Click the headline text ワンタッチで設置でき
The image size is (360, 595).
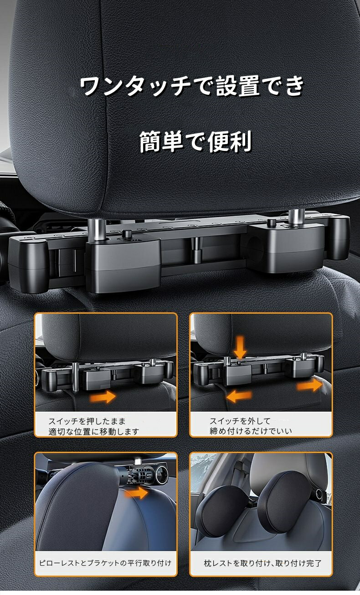(x=192, y=86)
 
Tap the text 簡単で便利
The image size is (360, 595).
(x=195, y=142)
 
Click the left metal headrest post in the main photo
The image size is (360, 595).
(x=98, y=229)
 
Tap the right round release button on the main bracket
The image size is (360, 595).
(x=272, y=222)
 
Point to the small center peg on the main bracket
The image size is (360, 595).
(x=196, y=250)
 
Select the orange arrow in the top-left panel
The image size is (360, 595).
(x=103, y=397)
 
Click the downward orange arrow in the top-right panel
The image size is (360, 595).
(x=241, y=347)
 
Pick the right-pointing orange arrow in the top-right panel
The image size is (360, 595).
(x=309, y=385)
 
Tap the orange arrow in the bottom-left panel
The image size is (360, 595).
(x=136, y=493)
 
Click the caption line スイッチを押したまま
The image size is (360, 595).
(x=87, y=421)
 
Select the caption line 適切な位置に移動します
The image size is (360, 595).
(x=94, y=432)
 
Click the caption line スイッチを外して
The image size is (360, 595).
(x=240, y=421)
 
